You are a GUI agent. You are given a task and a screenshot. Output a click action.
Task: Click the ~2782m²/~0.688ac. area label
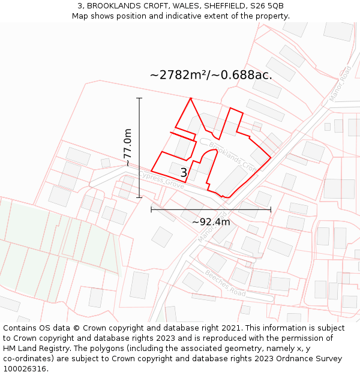coord(211,75)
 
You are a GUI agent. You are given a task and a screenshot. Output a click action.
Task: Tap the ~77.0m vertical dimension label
coord(127,148)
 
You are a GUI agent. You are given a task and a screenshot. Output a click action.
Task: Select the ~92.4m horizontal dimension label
coord(211,221)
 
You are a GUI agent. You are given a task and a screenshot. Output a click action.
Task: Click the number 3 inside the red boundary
coord(184,173)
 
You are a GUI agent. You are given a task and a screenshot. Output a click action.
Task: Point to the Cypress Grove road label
coord(161,178)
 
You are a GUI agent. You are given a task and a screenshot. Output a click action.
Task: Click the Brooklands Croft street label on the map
coord(232,155)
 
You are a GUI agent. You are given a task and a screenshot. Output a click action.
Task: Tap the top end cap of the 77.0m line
coord(139,98)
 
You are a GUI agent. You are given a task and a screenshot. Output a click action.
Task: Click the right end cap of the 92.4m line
coord(271,209)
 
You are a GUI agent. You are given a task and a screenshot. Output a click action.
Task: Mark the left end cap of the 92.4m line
coord(151,209)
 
